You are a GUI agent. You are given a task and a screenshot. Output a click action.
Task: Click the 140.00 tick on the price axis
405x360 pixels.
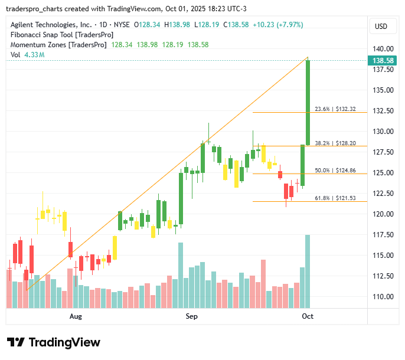point(384,49)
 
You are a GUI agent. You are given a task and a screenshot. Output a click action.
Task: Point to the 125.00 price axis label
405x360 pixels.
point(384,173)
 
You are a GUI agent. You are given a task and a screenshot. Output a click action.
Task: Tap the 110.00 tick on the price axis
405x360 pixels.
point(384,297)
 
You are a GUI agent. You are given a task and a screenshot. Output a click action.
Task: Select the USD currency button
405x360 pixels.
point(381,26)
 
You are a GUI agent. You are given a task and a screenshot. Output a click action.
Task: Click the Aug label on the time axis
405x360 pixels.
point(75,317)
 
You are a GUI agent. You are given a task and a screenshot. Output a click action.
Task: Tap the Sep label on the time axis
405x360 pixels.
point(191,317)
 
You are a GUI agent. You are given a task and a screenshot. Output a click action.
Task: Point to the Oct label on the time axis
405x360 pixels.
point(308,317)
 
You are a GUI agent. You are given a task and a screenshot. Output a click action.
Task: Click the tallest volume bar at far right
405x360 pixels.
point(308,271)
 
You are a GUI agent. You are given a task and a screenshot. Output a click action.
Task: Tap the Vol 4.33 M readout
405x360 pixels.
point(28,55)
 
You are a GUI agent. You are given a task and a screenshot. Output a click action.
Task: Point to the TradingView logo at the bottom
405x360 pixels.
point(54,342)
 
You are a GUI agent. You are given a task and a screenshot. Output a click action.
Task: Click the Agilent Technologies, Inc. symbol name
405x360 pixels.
point(51,25)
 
